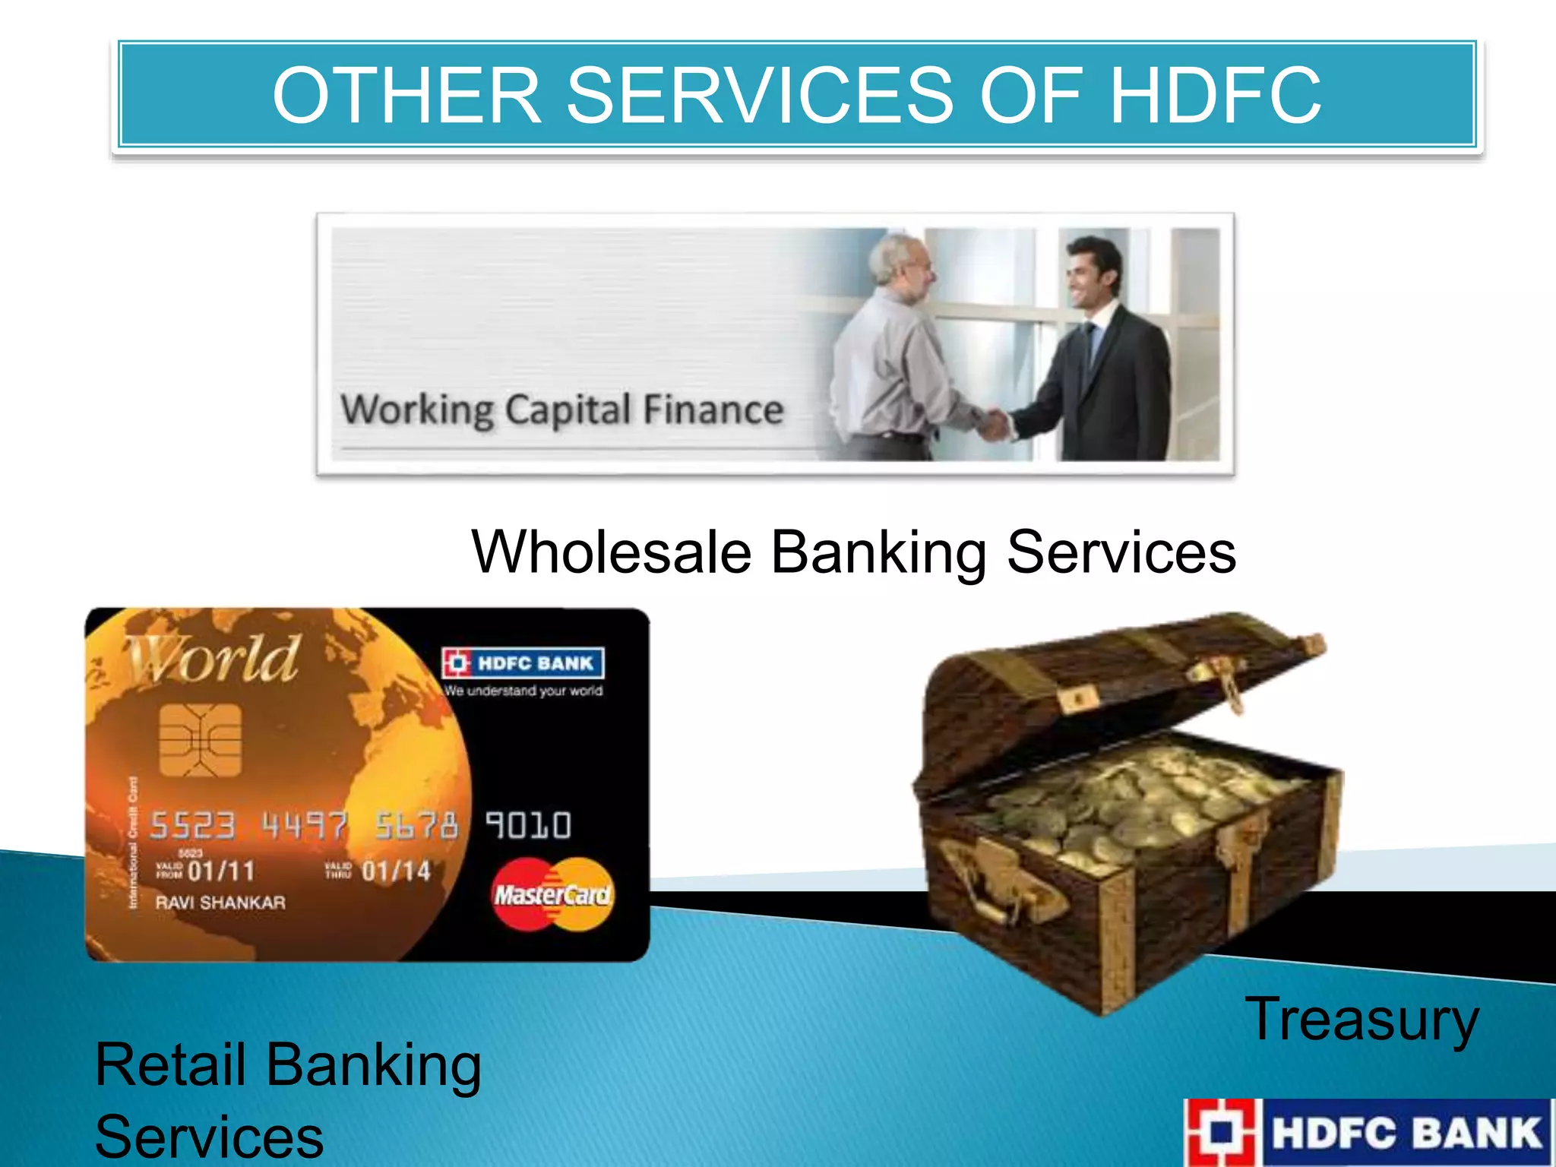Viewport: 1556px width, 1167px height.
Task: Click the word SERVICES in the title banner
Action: pyautogui.click(x=759, y=96)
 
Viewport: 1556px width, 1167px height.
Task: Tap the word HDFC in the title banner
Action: pyautogui.click(x=1215, y=96)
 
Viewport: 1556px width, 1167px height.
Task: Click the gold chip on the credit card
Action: pyautogui.click(x=200, y=739)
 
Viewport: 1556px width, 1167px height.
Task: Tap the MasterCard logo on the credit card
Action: pyautogui.click(x=552, y=894)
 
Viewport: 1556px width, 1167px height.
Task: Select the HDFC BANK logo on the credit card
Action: pyautogui.click(x=523, y=663)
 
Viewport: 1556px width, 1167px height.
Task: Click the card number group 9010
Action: pyautogui.click(x=528, y=825)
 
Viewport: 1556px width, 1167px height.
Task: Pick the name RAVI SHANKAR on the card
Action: pyautogui.click(x=220, y=903)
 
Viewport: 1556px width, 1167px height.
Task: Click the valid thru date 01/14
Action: pyautogui.click(x=395, y=871)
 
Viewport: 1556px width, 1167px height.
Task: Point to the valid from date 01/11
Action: pyautogui.click(x=220, y=871)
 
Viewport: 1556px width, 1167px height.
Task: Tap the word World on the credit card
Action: pyautogui.click(x=213, y=659)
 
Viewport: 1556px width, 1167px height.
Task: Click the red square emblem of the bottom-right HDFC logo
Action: pyautogui.click(x=1222, y=1132)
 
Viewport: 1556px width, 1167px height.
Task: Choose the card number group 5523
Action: pyautogui.click(x=192, y=825)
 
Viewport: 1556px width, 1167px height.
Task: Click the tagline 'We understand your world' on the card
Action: pyautogui.click(x=523, y=691)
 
